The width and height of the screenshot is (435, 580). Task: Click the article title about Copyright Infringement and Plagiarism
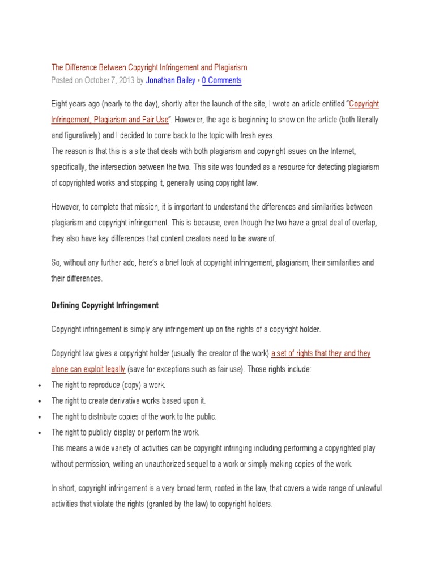tap(149, 67)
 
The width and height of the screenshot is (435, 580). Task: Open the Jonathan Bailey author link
tap(171, 80)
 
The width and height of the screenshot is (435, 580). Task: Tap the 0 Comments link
tap(221, 80)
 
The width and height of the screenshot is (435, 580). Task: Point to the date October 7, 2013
tap(110, 80)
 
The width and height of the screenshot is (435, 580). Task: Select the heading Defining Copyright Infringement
tap(105, 305)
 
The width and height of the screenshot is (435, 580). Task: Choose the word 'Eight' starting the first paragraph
tap(61, 104)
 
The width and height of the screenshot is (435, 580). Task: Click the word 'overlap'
tap(362, 223)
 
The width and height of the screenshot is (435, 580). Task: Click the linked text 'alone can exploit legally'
tap(88, 369)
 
